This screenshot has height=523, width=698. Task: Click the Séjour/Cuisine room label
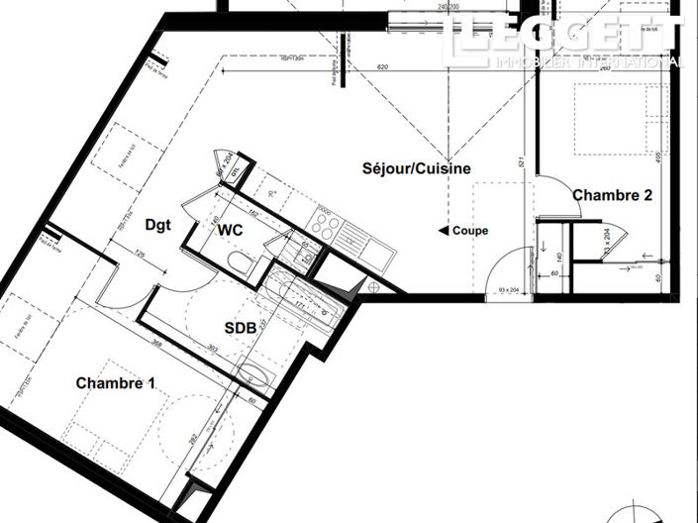pos(416,169)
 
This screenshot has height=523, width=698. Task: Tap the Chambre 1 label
pos(116,382)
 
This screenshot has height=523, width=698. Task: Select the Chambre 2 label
pos(612,196)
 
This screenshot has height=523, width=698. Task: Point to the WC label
pos(232,229)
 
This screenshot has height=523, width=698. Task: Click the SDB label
pos(239,326)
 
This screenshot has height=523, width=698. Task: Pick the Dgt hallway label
pos(157,225)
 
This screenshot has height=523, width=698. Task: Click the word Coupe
pos(470,231)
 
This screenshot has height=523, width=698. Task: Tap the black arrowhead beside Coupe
pos(444,231)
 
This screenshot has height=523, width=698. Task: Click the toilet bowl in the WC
pos(240,261)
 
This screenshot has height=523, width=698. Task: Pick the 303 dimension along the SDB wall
pos(212,348)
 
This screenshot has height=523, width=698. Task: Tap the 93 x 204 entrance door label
pos(511,290)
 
